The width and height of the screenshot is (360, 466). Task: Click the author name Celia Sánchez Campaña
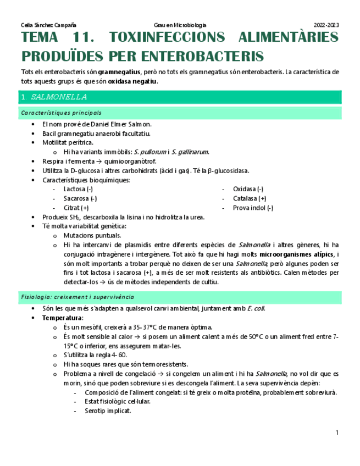coord(48,25)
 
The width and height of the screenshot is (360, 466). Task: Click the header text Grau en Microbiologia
coord(180,25)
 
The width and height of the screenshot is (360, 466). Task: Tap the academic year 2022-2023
coord(326,25)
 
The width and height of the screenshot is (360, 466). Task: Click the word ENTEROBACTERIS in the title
coord(203,56)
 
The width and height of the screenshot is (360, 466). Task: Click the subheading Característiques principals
coord(61,113)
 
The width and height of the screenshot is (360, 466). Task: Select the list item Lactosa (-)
coord(78,189)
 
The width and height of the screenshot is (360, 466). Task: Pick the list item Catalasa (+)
coord(250,198)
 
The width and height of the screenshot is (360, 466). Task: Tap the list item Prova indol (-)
coord(253,208)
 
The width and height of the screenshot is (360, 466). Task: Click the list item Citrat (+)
coord(76,208)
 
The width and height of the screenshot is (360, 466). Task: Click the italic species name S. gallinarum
coord(190,152)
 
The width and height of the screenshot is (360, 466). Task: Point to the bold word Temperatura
coord(63,318)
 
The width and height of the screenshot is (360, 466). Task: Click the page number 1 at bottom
coord(337,433)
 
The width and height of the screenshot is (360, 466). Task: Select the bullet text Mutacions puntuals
coord(92,235)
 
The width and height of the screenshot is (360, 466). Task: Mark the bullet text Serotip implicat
coord(108,410)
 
